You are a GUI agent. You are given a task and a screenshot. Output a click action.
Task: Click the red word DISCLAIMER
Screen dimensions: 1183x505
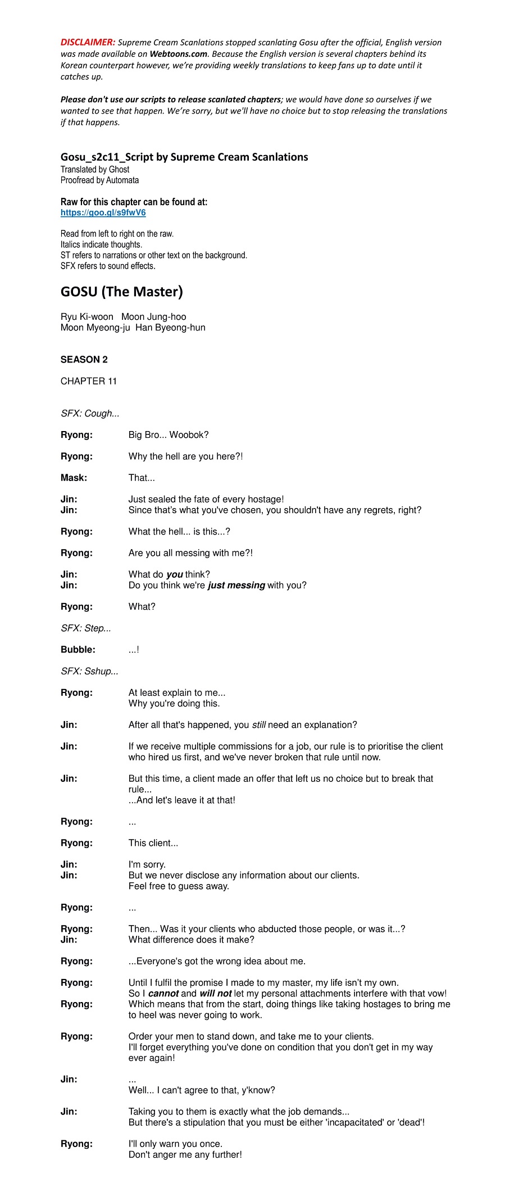click(x=88, y=42)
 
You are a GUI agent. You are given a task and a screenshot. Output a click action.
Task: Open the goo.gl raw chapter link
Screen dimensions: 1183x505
click(x=103, y=213)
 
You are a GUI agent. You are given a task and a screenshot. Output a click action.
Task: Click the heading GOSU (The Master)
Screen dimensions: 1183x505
click(x=121, y=291)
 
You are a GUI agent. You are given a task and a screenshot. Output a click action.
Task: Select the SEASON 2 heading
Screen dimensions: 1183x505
click(x=84, y=360)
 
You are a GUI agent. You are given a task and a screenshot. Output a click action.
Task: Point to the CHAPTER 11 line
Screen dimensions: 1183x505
click(x=89, y=381)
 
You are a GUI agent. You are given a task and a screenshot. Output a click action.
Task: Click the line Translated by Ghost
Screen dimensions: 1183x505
click(x=94, y=169)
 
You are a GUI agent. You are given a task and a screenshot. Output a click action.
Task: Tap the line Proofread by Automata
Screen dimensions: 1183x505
click(x=99, y=180)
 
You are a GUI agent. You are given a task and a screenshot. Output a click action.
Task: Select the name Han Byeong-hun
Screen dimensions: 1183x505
click(x=170, y=328)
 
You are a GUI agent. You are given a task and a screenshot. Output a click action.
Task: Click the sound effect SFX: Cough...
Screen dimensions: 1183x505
click(x=90, y=414)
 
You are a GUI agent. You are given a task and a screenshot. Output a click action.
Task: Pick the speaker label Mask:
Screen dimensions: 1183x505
click(x=74, y=478)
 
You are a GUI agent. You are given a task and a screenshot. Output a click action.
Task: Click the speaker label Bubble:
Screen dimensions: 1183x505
click(x=78, y=650)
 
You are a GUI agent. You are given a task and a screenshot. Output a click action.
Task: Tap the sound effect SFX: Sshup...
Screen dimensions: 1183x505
click(x=89, y=671)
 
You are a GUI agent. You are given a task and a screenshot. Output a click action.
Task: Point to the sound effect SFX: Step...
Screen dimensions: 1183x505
click(x=85, y=628)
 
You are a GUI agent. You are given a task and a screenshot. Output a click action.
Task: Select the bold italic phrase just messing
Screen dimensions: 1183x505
click(x=236, y=585)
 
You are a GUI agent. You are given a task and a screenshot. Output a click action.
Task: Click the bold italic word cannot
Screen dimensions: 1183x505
click(x=163, y=994)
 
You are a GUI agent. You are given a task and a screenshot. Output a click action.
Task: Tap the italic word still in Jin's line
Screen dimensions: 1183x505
click(x=258, y=725)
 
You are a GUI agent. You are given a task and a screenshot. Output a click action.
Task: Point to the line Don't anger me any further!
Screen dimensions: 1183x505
click(x=185, y=1154)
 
